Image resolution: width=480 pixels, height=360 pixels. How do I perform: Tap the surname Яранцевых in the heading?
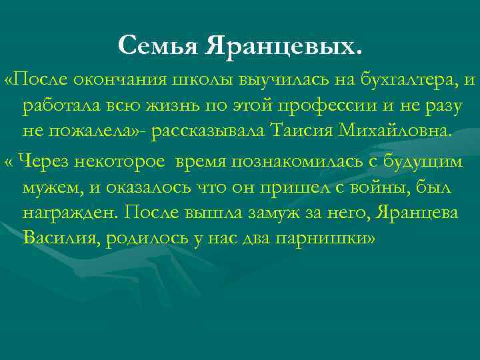pyautogui.click(x=285, y=46)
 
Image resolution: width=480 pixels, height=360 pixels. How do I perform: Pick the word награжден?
pyautogui.click(x=71, y=213)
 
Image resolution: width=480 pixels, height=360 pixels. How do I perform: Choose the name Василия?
pyautogui.click(x=61, y=239)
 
